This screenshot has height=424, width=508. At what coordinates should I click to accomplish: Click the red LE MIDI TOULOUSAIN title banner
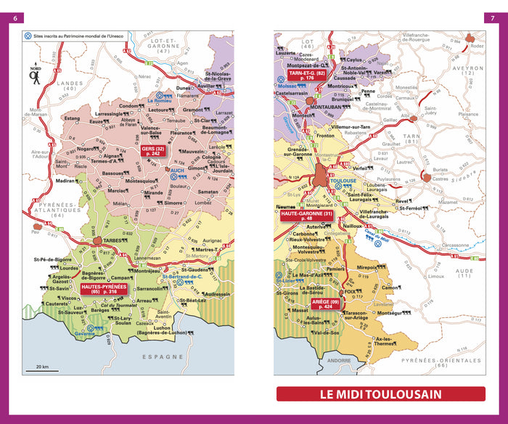tap(381, 394)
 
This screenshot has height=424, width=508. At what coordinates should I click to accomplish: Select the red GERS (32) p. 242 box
tap(155, 153)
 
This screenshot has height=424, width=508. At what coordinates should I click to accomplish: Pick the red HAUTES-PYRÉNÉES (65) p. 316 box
tap(104, 290)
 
